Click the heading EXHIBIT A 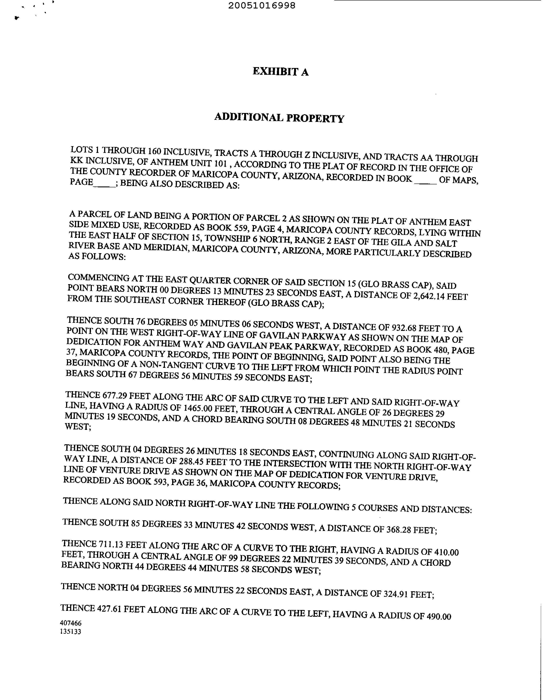click(x=281, y=72)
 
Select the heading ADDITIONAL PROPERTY click(x=279, y=118)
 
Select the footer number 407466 click(x=71, y=623)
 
